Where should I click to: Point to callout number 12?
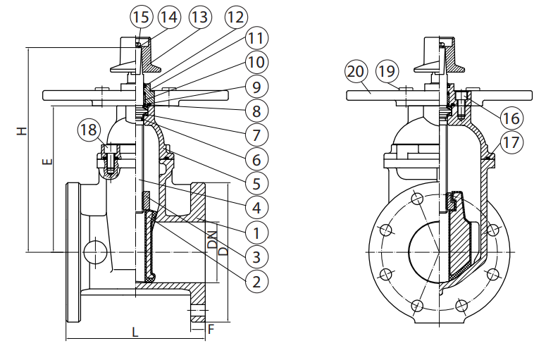[x=235, y=16]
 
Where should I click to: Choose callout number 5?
[x=255, y=183]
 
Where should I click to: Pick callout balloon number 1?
[x=255, y=231]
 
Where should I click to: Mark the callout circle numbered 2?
[x=255, y=281]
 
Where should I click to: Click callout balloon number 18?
[x=89, y=130]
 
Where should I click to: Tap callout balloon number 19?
[x=385, y=71]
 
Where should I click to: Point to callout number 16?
[x=513, y=116]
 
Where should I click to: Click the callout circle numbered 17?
[x=513, y=142]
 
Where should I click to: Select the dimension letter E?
[x=46, y=163]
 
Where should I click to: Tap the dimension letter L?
[x=135, y=330]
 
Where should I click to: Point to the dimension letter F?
[x=211, y=328]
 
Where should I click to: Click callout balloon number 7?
[x=255, y=134]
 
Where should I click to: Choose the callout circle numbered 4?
[x=255, y=207]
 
